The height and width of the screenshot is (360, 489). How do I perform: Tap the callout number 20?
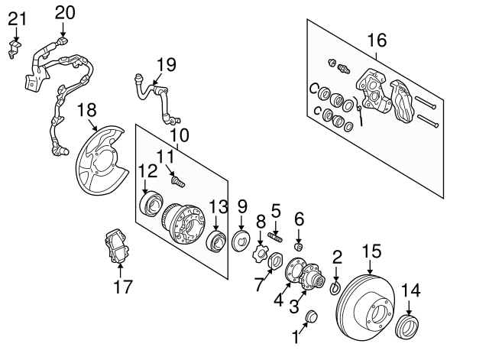tap(65, 11)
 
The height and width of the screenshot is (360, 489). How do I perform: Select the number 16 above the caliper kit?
tap(377, 40)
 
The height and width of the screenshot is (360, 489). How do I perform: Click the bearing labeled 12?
tap(151, 203)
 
